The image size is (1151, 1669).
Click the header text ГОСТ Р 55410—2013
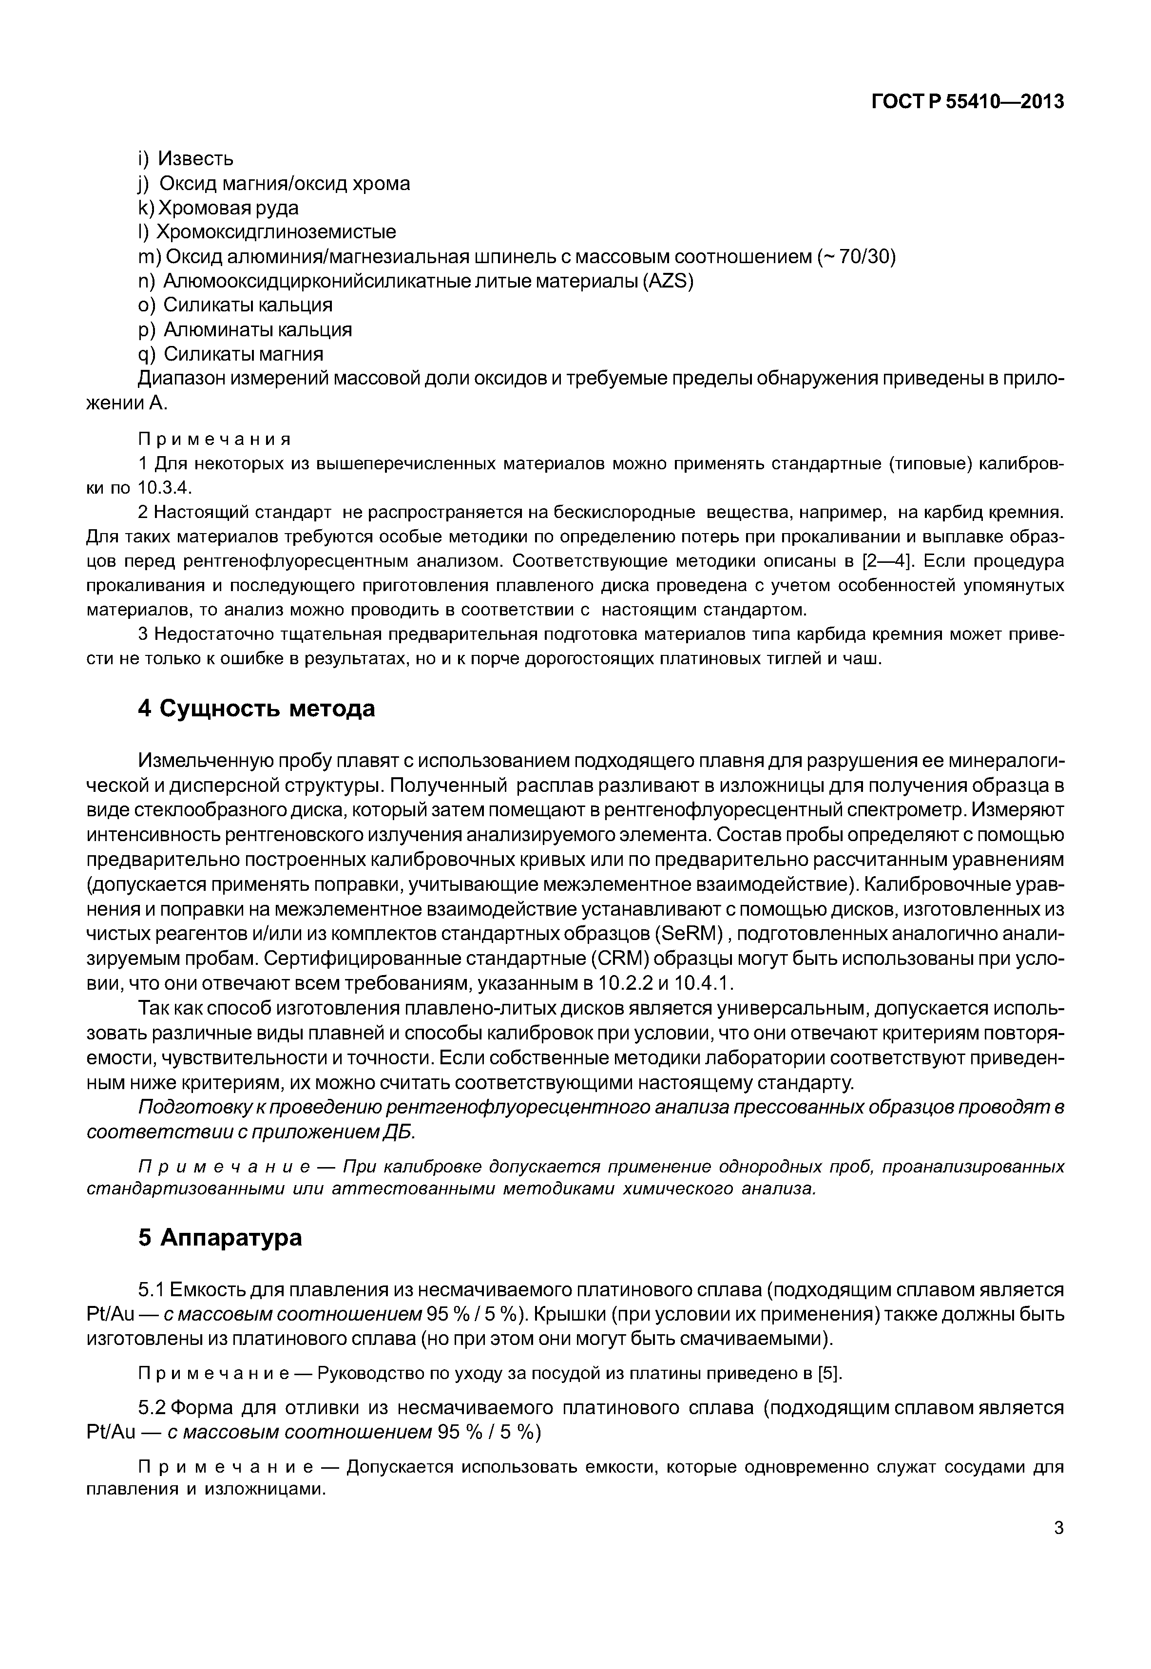[967, 102]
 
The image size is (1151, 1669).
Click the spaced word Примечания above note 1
[214, 439]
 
